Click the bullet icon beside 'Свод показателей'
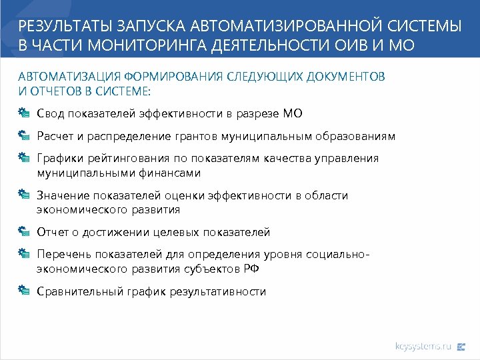(x=24, y=113)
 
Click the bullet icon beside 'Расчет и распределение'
(x=24, y=135)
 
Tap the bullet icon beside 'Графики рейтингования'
(x=24, y=158)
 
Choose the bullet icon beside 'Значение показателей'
(x=24, y=195)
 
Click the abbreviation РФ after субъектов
(x=251, y=269)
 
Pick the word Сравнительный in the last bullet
(x=79, y=291)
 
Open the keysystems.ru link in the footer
(x=423, y=346)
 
